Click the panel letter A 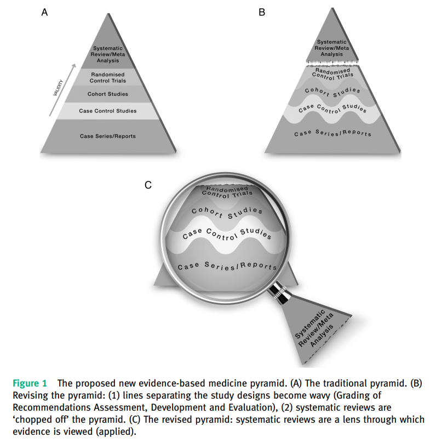(x=44, y=13)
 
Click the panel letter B (x=262, y=13)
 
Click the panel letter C (x=148, y=185)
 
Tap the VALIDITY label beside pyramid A (x=59, y=88)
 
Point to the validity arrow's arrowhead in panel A (x=74, y=66)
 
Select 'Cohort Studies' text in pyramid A (x=108, y=94)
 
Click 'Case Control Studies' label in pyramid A (x=108, y=111)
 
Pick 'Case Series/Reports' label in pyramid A (x=108, y=136)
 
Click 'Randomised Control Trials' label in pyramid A (x=108, y=78)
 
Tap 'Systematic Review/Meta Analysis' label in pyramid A (x=108, y=54)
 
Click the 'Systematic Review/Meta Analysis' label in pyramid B (x=332, y=48)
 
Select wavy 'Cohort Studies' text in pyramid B (x=332, y=92)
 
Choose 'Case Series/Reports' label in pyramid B (x=332, y=133)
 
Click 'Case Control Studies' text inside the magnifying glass (x=227, y=234)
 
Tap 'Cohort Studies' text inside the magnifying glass (x=227, y=213)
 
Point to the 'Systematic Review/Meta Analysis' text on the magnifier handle (x=314, y=328)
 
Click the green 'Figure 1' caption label (x=30, y=383)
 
